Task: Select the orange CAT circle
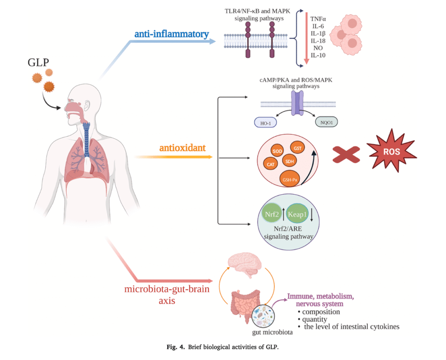pos(270,164)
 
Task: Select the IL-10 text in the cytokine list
pos(317,55)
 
